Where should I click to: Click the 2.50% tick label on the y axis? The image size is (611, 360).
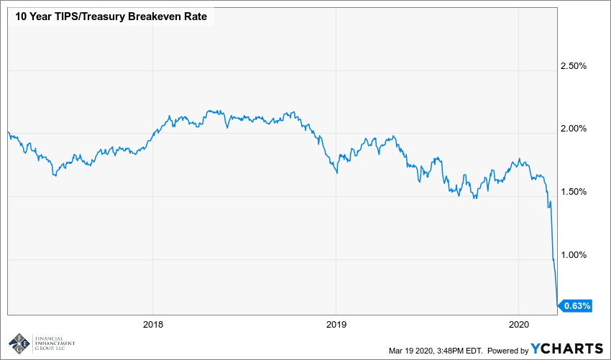coord(573,66)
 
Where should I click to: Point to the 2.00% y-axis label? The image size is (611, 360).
coord(573,129)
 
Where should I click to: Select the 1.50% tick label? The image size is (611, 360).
coord(573,192)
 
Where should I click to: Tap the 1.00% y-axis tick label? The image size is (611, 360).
coord(573,254)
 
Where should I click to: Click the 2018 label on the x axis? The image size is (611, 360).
coord(152,324)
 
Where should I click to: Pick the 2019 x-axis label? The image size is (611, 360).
coord(336,324)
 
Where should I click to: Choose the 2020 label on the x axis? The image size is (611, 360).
coord(520,324)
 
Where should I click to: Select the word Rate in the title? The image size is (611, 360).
coord(196,17)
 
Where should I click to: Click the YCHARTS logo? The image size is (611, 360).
coord(566,349)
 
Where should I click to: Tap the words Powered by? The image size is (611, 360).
coord(507,350)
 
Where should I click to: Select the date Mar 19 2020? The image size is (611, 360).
coord(409,350)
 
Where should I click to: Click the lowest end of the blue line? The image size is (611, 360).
coord(557,305)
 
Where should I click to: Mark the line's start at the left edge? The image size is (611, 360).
coord(7,131)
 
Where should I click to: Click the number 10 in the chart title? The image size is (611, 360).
coord(15,17)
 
